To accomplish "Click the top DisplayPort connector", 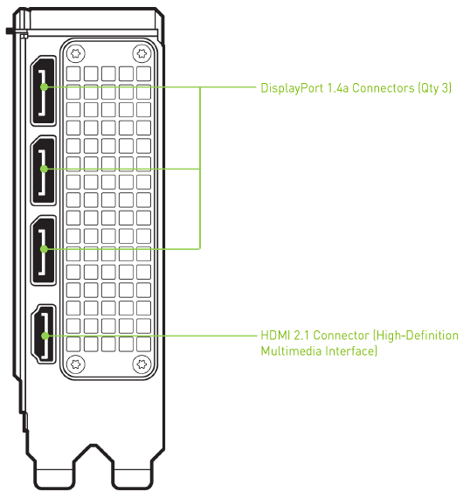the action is (x=44, y=91).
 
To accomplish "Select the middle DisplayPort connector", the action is (x=44, y=170).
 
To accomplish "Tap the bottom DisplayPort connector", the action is (x=44, y=251).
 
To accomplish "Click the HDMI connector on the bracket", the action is (x=44, y=334).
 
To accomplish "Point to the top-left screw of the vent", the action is (x=76, y=53).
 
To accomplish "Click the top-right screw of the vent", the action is (x=142, y=53).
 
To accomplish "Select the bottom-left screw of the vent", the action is (x=76, y=364).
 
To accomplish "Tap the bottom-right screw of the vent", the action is (x=142, y=364).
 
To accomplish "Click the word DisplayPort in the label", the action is (x=292, y=88).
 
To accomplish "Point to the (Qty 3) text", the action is (x=435, y=88).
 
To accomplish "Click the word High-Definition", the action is (x=416, y=336).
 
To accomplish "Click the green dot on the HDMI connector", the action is (x=45, y=336).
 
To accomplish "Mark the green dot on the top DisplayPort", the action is (x=45, y=87).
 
